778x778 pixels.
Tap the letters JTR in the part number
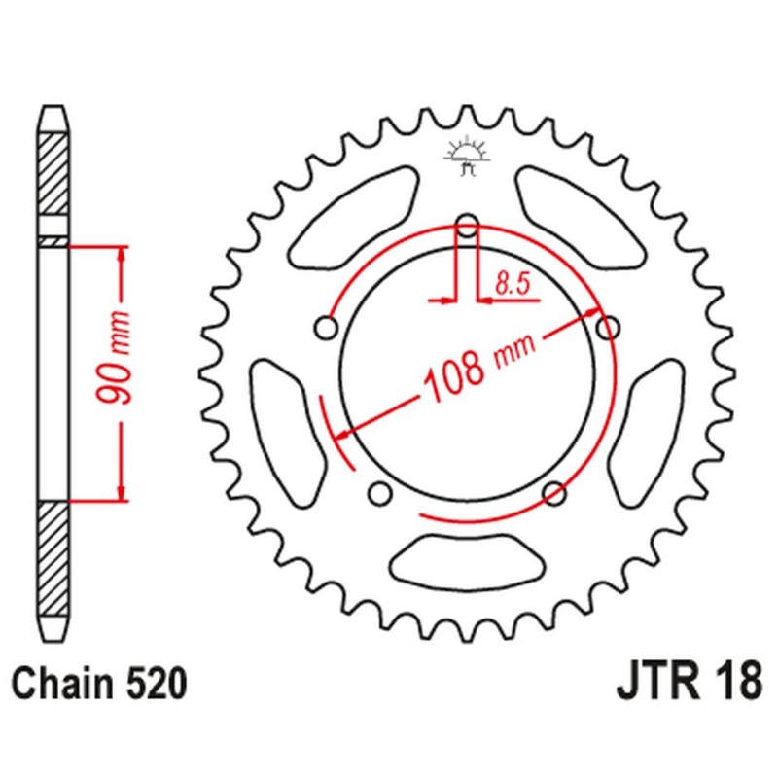click(654, 682)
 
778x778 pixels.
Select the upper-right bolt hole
click(608, 329)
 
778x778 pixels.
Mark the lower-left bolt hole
click(379, 492)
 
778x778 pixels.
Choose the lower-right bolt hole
click(554, 492)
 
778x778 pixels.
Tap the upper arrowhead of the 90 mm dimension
click(122, 255)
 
